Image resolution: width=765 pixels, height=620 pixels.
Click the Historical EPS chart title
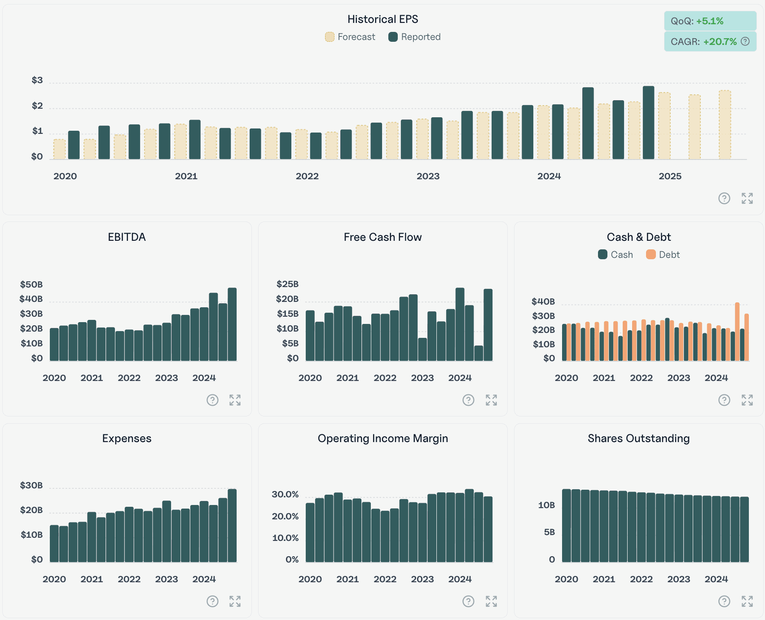pyautogui.click(x=382, y=19)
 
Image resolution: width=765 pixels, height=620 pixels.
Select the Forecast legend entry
pyautogui.click(x=350, y=37)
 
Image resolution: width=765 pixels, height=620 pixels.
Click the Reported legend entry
pyautogui.click(x=414, y=37)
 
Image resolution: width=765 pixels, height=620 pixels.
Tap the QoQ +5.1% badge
pyautogui.click(x=710, y=21)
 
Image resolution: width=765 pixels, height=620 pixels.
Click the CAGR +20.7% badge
pyautogui.click(x=710, y=42)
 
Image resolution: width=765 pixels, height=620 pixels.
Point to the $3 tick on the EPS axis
pyautogui.click(x=37, y=80)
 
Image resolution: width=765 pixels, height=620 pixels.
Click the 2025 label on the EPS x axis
pyautogui.click(x=669, y=176)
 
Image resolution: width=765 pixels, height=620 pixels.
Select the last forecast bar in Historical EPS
pyautogui.click(x=725, y=125)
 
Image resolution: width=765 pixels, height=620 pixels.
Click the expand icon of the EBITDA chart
pyautogui.click(x=235, y=400)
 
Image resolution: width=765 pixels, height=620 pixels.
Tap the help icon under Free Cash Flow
pyautogui.click(x=468, y=400)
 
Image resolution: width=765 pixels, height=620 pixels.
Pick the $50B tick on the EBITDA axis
pyautogui.click(x=31, y=284)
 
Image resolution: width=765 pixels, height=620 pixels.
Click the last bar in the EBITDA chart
pyautogui.click(x=232, y=324)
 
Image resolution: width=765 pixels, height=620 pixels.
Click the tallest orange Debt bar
pyautogui.click(x=737, y=332)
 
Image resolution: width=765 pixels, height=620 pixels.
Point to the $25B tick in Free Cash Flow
pyautogui.click(x=287, y=284)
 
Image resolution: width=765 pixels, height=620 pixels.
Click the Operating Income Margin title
pyautogui.click(x=382, y=438)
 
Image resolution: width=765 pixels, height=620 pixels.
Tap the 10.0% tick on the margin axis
pyautogui.click(x=285, y=538)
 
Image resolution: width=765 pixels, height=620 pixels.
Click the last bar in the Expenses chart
pyautogui.click(x=232, y=526)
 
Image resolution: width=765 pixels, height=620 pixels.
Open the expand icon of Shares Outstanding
pyautogui.click(x=747, y=601)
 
